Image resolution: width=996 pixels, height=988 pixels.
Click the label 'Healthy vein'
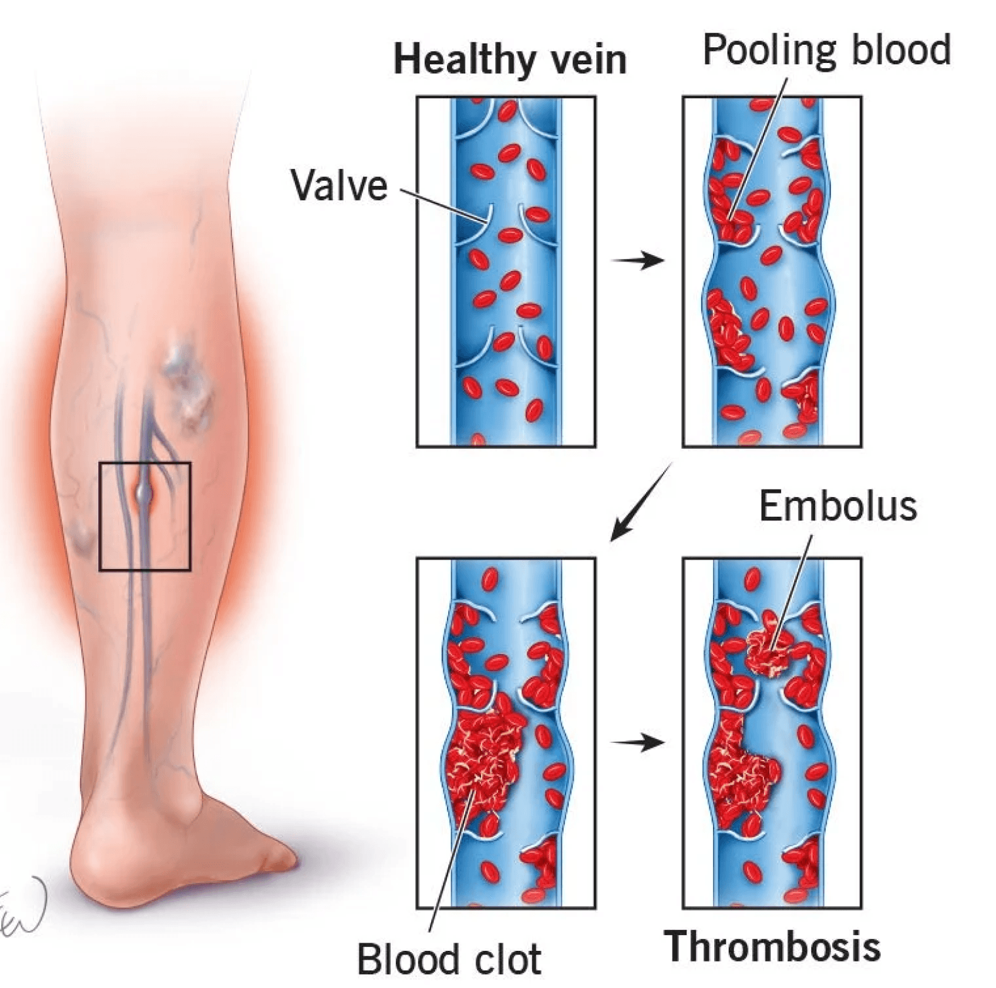(510, 60)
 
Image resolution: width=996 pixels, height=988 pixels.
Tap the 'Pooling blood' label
(826, 50)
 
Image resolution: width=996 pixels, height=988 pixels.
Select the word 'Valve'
(339, 186)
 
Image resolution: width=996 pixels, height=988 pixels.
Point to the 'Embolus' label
(838, 506)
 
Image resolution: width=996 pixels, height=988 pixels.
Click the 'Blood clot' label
(449, 959)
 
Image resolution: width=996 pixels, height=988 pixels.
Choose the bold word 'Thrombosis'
(772, 946)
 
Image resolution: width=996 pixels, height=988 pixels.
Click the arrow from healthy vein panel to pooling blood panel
(638, 260)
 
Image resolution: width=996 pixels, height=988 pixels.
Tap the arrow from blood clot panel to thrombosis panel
(638, 743)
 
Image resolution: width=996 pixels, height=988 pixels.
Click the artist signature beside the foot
(22, 907)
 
